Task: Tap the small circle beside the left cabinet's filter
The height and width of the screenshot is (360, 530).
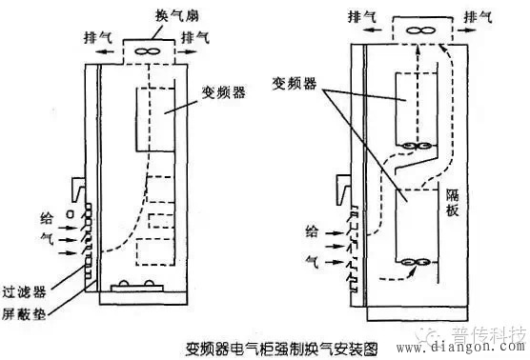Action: (x=68, y=217)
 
